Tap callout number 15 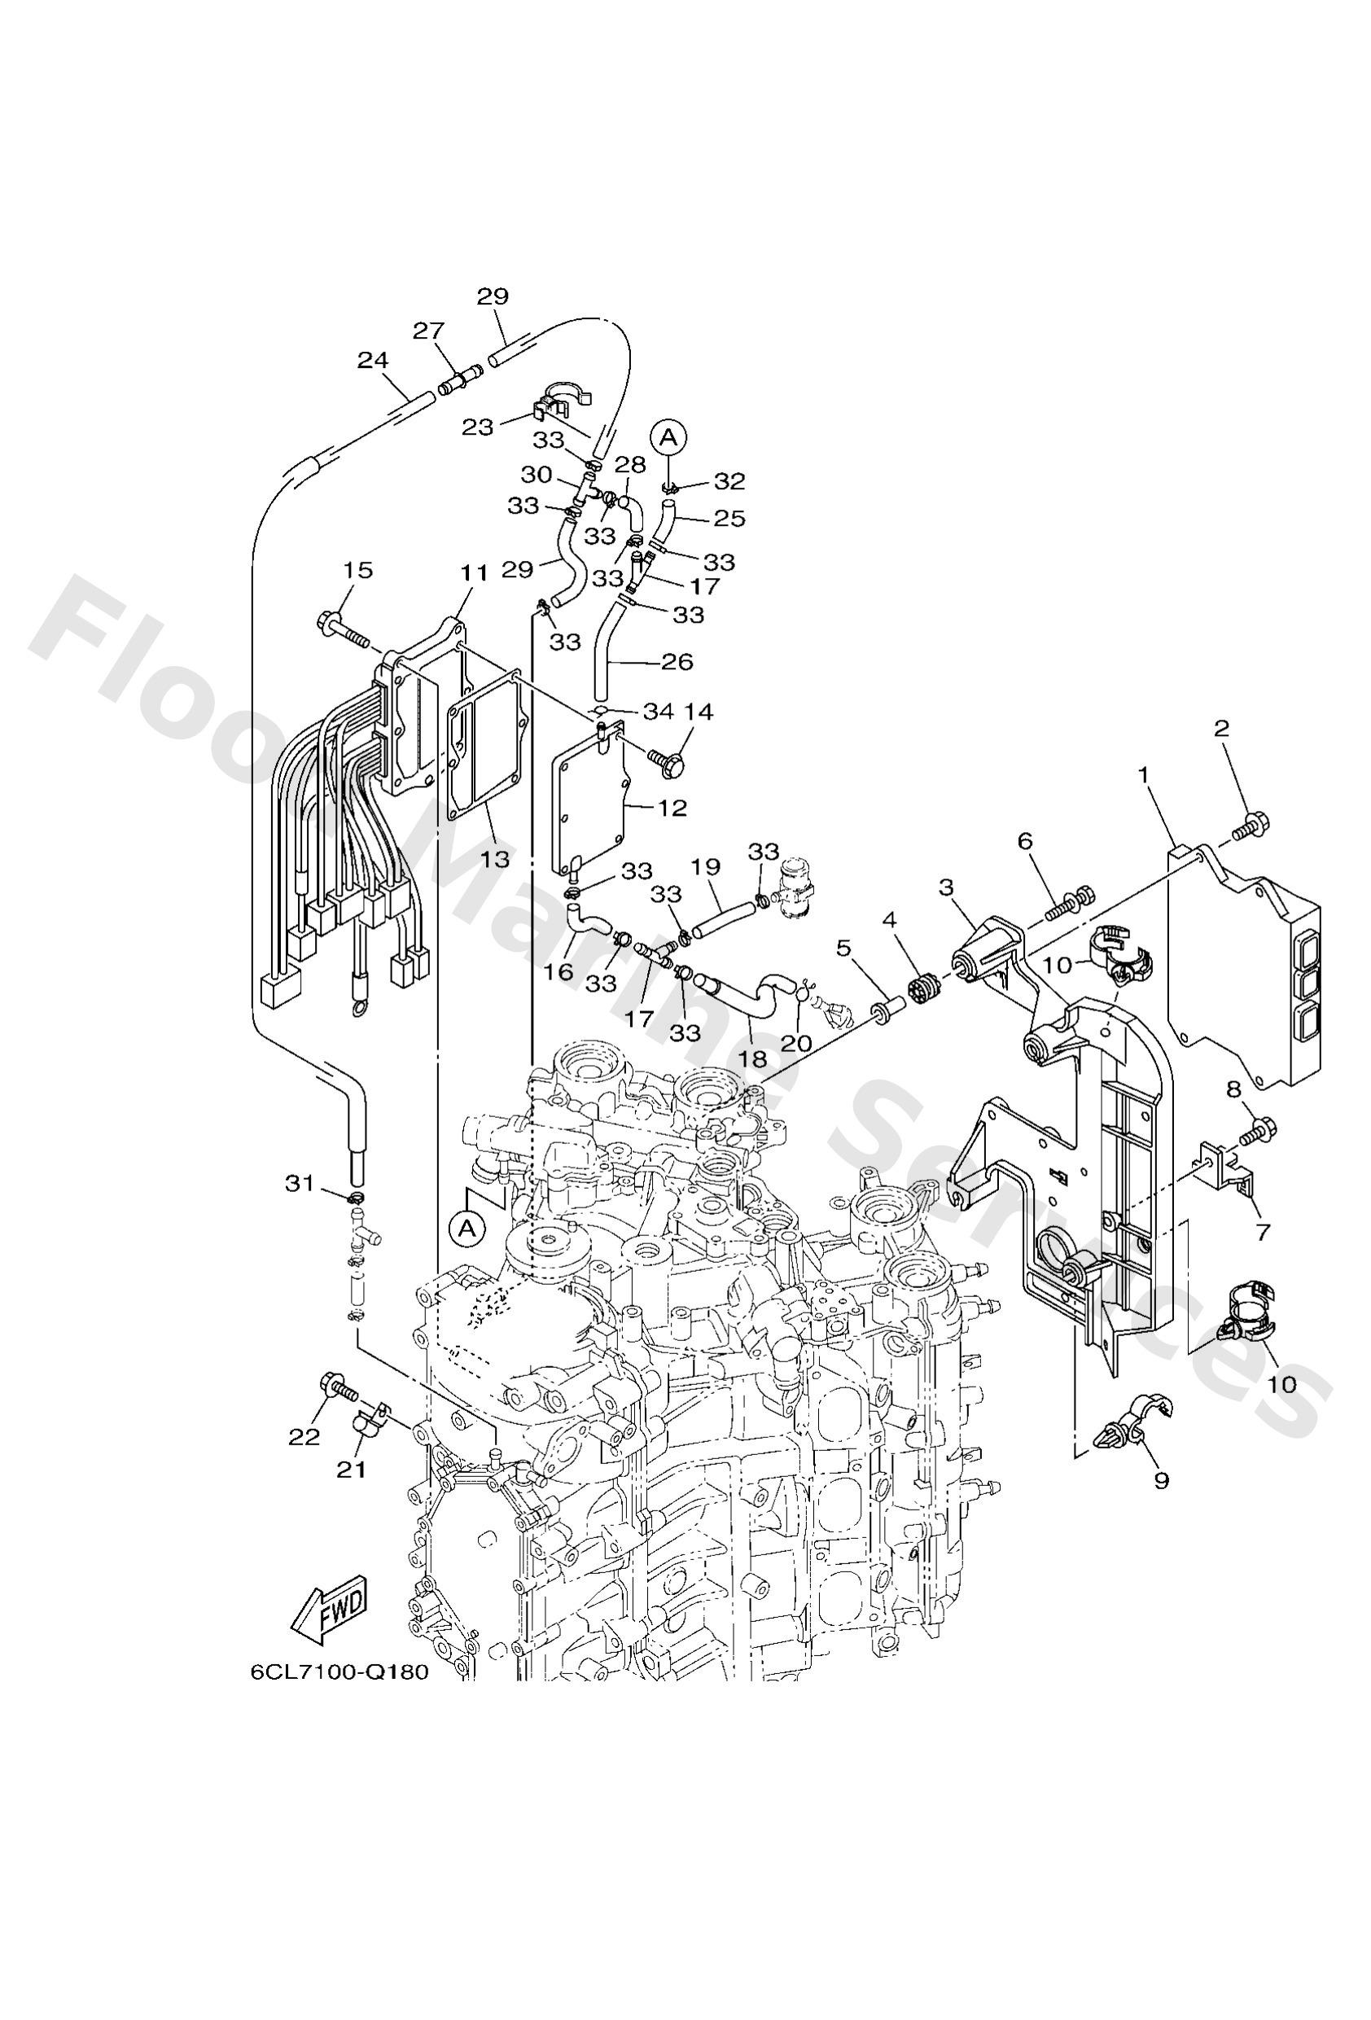(358, 570)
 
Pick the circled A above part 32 (668, 436)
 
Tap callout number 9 (1162, 1479)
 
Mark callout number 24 (373, 359)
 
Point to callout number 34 (658, 711)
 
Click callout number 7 (1261, 1231)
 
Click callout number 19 (706, 866)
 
